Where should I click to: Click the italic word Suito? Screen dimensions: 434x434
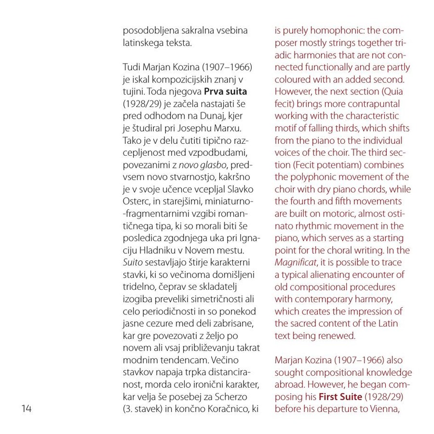(x=132, y=263)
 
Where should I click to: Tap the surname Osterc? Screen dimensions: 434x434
(x=137, y=202)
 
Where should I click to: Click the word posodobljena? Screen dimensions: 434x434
(x=151, y=30)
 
